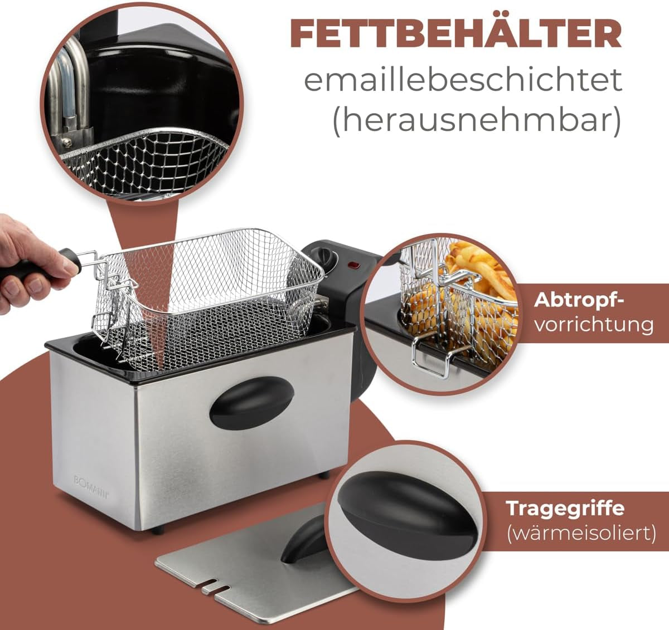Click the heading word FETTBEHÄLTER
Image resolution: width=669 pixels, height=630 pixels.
coord(455,34)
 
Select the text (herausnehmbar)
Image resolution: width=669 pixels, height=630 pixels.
coord(477,121)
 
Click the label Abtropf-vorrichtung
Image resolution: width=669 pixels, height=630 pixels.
coord(593,312)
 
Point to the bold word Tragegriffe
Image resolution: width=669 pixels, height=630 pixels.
coord(565,509)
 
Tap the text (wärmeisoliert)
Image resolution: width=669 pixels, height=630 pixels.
coord(580,533)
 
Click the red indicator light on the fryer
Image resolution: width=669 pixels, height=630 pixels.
coord(353,265)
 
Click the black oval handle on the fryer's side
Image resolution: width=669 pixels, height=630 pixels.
coord(251,402)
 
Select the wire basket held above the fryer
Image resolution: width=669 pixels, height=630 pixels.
coord(212,295)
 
